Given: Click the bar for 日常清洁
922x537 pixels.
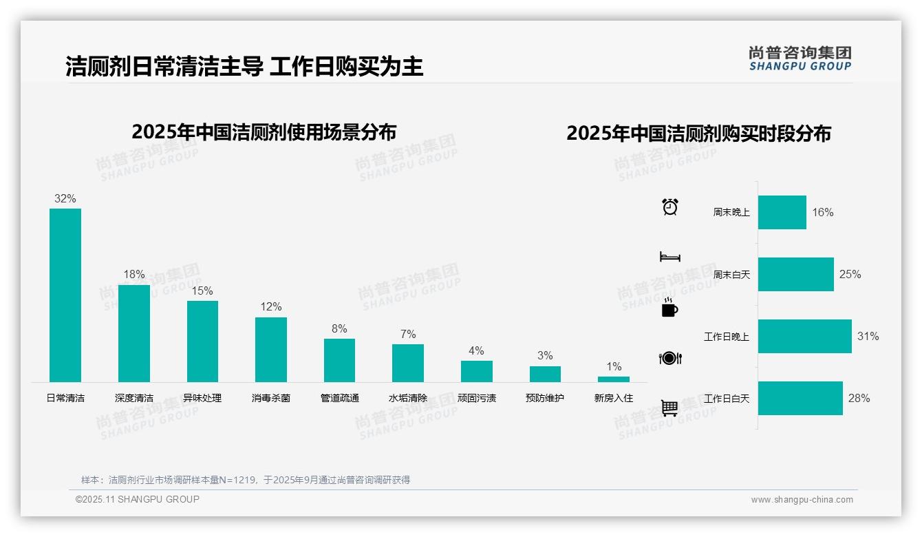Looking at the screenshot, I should pyautogui.click(x=65, y=295).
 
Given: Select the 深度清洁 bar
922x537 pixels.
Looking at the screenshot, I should pyautogui.click(x=134, y=333).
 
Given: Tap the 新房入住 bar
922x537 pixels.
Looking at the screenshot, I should pyautogui.click(x=613, y=379).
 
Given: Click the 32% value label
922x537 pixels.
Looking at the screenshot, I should pyautogui.click(x=65, y=199).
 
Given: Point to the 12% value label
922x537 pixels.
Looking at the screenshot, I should pyautogui.click(x=271, y=307).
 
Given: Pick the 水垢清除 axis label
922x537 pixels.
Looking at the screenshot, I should pyautogui.click(x=408, y=398).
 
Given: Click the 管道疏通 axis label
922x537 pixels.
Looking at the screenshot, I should pyautogui.click(x=339, y=398).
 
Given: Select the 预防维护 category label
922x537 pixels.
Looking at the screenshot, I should pyautogui.click(x=545, y=398).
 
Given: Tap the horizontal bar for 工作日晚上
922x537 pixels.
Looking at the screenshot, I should pyautogui.click(x=804, y=336).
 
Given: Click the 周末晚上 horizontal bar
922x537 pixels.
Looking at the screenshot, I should pyautogui.click(x=782, y=212).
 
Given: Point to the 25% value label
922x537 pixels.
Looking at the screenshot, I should pyautogui.click(x=850, y=274).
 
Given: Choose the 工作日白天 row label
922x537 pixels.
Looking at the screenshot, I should pyautogui.click(x=727, y=399).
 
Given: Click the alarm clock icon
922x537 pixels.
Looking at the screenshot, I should pyautogui.click(x=670, y=207).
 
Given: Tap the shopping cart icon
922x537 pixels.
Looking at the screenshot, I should pyautogui.click(x=669, y=408).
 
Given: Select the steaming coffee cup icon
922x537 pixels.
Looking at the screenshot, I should pyautogui.click(x=669, y=308).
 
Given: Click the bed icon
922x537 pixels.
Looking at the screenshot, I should pyautogui.click(x=669, y=257).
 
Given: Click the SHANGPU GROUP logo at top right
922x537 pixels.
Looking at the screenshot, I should pyautogui.click(x=800, y=59).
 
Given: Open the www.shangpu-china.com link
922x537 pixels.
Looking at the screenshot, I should pyautogui.click(x=802, y=500).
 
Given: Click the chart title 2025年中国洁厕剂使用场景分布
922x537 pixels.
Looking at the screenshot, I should pyautogui.click(x=264, y=131).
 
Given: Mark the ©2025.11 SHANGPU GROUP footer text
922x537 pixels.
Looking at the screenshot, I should pyautogui.click(x=138, y=499).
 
